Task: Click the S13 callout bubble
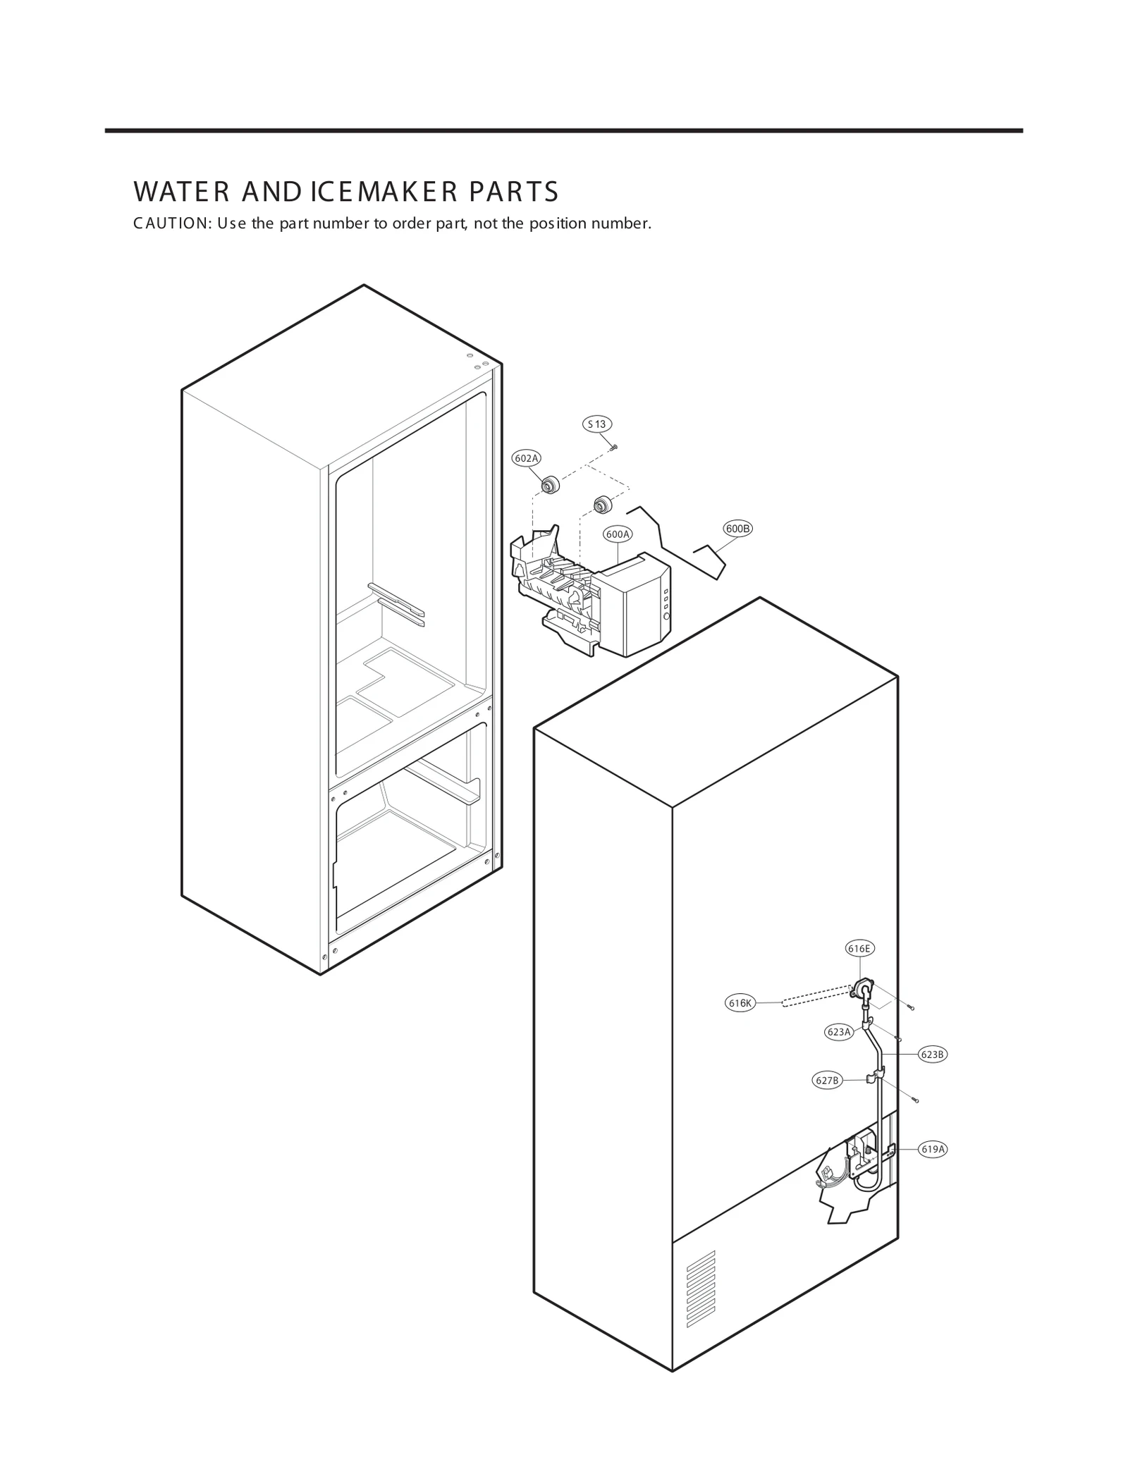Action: click(596, 424)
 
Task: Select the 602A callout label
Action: click(526, 458)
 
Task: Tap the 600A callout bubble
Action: click(618, 534)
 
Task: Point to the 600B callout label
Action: click(737, 529)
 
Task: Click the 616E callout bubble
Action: click(859, 949)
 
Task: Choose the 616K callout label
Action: click(740, 1004)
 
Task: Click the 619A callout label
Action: click(932, 1149)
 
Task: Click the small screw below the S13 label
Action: click(614, 446)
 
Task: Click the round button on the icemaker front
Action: click(666, 617)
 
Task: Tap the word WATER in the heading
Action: click(180, 192)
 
